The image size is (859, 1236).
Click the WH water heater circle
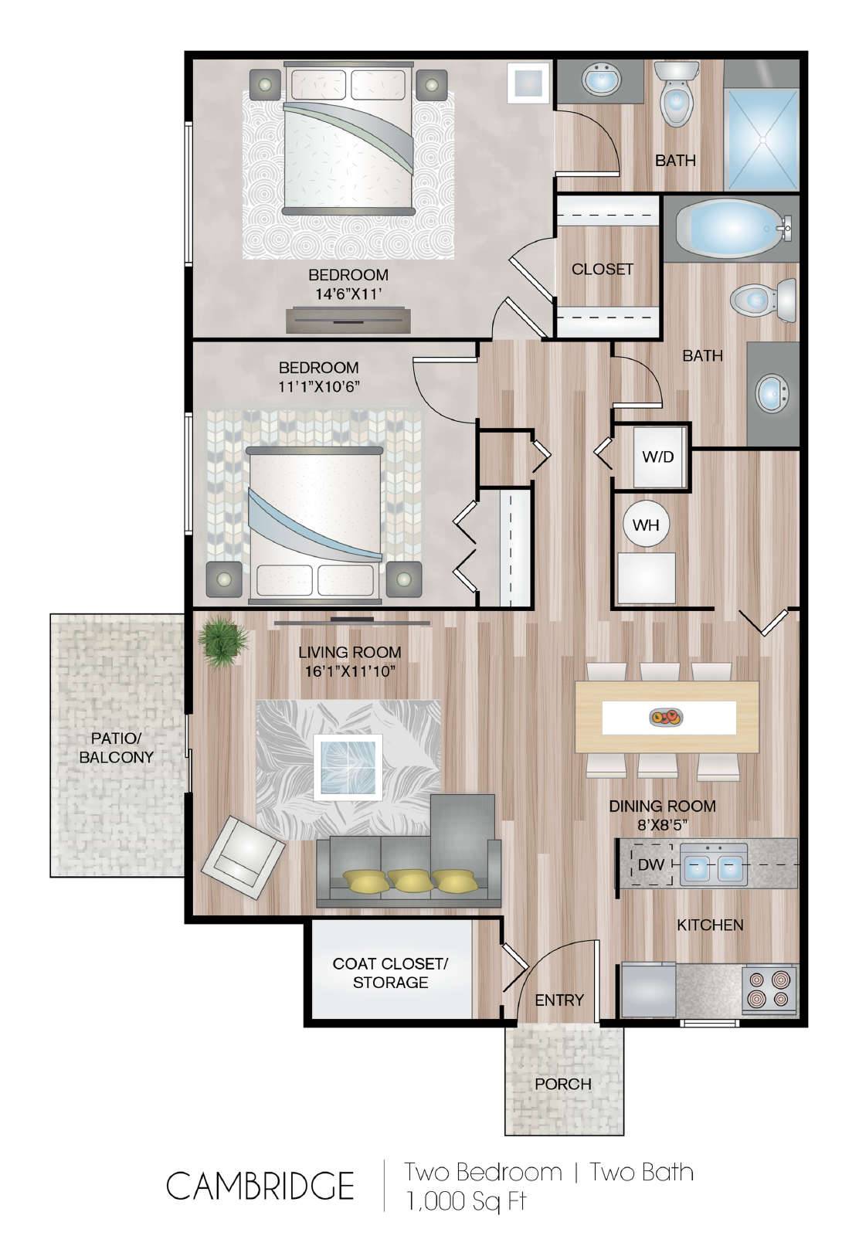click(646, 525)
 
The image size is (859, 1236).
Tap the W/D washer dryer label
click(657, 457)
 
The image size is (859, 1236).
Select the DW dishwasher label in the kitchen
click(651, 864)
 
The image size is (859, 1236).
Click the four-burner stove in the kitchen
click(769, 990)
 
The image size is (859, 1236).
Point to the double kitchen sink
click(713, 864)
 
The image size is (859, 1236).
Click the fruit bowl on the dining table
click(667, 718)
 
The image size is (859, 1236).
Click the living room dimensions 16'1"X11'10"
click(350, 671)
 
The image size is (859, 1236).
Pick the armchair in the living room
click(243, 857)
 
